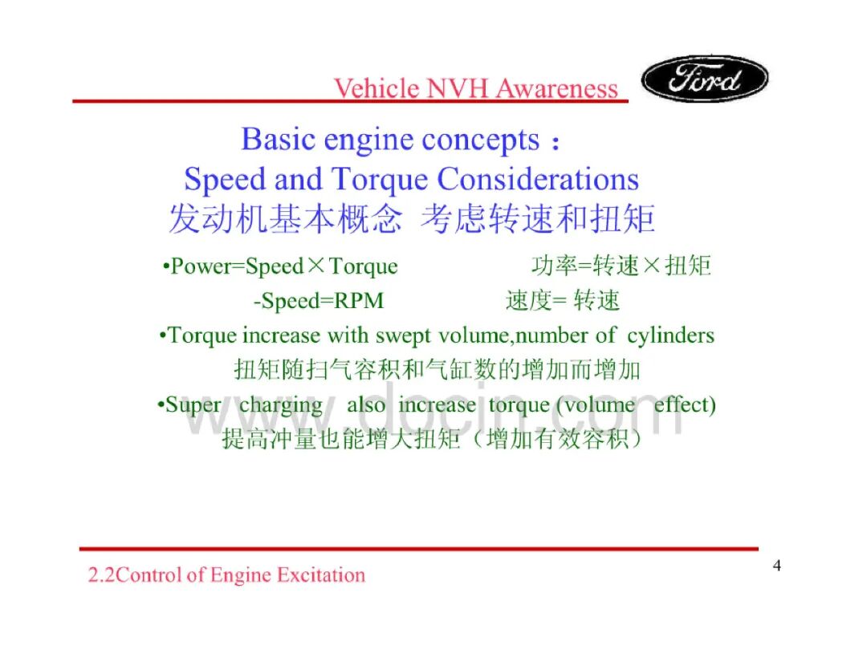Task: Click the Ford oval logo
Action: click(x=705, y=79)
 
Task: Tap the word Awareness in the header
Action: click(x=556, y=88)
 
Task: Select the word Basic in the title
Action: click(x=278, y=140)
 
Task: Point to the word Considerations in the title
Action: click(x=538, y=179)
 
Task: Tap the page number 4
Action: click(x=777, y=566)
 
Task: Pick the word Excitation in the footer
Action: click(x=321, y=575)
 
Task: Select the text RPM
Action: click(x=360, y=301)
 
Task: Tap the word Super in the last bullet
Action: click(x=193, y=405)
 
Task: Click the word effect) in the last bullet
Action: click(x=685, y=404)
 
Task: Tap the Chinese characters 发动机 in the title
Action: click(x=218, y=219)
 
